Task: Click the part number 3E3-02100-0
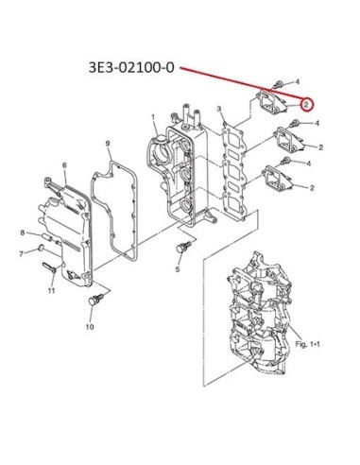point(131,68)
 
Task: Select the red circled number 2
point(307,104)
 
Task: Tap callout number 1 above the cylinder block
point(153,117)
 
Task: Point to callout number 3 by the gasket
point(219,110)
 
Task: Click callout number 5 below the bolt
point(178,269)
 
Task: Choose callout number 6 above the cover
point(64,165)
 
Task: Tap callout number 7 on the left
point(22,253)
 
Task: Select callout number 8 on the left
point(23,232)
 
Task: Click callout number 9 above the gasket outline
point(108,144)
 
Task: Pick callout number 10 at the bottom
point(90,327)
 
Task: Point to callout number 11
point(51,290)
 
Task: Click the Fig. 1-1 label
point(307,344)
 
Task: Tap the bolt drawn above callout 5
point(183,247)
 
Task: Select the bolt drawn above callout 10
point(95,300)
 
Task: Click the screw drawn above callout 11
point(49,267)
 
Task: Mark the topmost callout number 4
point(297,82)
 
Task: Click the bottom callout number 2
point(312,188)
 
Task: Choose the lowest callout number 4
point(309,164)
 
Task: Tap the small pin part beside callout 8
point(45,236)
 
